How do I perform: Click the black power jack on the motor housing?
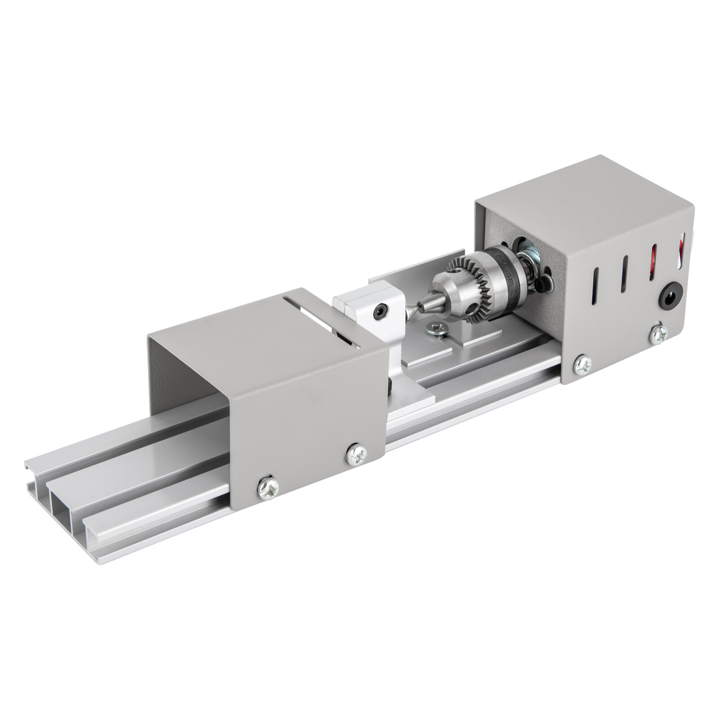(666, 297)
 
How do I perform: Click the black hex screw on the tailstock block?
(382, 310)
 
